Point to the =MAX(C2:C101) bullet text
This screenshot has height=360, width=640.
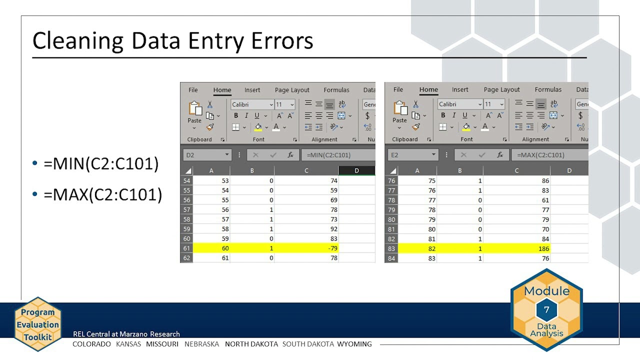coord(102,194)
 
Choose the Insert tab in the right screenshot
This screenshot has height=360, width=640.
coord(460,90)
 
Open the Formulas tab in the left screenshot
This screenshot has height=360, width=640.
coord(336,90)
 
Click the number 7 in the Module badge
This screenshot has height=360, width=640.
coord(546,310)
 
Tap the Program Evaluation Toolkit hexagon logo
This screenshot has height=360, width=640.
coord(38,324)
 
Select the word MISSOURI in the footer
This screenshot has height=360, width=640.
coord(162,344)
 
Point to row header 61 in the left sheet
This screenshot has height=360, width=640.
coord(186,248)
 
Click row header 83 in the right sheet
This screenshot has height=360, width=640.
coord(391,248)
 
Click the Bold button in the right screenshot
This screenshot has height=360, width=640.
coord(442,115)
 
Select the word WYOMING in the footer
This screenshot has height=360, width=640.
coord(354,344)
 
